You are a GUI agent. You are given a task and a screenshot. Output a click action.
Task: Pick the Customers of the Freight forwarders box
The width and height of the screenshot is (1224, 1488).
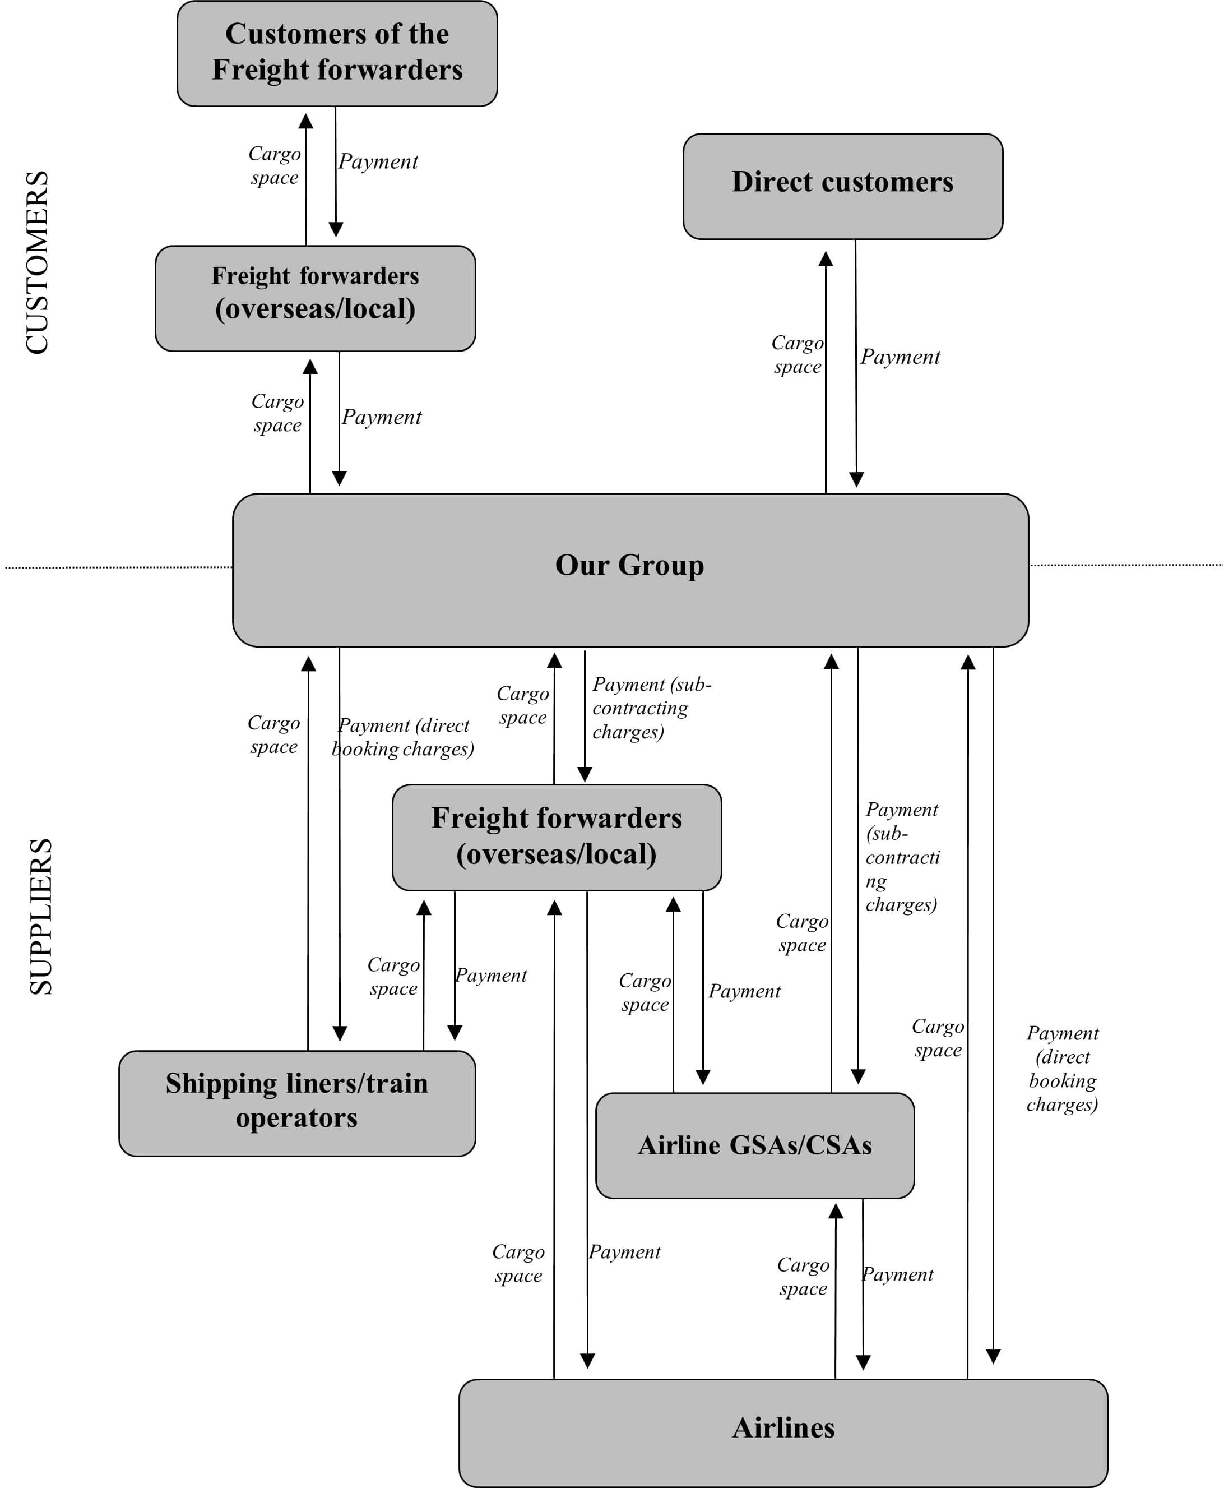point(337,53)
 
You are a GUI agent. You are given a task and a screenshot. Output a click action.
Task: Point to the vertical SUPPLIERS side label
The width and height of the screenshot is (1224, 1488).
point(41,916)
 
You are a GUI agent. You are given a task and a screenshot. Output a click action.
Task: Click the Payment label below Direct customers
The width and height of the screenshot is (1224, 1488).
point(900,357)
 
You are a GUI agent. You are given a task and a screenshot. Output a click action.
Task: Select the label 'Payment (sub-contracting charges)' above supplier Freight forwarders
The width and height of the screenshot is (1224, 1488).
point(650,708)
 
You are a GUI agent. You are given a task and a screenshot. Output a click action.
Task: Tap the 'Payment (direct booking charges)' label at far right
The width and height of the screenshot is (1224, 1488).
point(1062,1069)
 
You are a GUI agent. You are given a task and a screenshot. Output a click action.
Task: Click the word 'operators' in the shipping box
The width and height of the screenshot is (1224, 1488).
point(297,1119)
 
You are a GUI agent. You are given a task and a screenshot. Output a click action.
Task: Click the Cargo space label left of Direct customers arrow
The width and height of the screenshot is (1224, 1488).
point(798,354)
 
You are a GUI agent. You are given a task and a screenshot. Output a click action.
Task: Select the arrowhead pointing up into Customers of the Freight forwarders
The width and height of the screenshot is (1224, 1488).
point(306,121)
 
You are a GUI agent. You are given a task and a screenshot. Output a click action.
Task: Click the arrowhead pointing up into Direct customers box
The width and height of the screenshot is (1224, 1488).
point(826,259)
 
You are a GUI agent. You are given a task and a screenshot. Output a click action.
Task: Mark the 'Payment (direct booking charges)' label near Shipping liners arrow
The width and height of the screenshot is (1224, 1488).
point(404,737)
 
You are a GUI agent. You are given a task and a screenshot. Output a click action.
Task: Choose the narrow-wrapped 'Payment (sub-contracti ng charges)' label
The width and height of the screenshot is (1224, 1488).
point(902,857)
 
